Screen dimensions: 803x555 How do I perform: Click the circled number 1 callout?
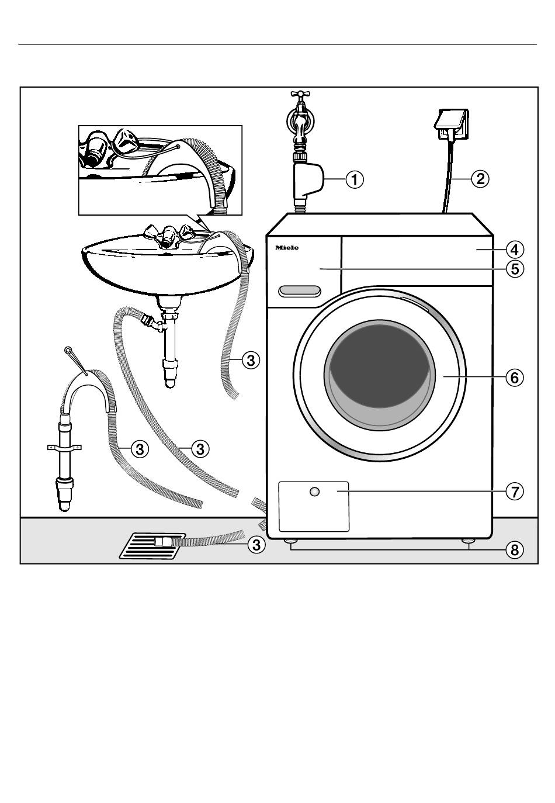[354, 179]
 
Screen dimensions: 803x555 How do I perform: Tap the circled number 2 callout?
[480, 179]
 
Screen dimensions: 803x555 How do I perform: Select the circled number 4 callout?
[514, 250]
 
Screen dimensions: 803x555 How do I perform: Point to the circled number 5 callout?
[514, 269]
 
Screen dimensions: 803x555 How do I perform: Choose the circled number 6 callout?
[514, 378]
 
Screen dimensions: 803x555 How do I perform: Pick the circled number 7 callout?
[514, 492]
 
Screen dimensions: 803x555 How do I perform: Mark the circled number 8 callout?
[514, 549]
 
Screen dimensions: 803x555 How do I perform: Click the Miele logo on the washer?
[287, 248]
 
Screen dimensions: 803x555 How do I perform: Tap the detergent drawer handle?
[299, 290]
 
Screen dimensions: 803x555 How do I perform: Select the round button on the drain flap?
[315, 492]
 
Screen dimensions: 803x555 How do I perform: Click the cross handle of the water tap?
[300, 93]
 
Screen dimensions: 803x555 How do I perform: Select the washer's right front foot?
[469, 543]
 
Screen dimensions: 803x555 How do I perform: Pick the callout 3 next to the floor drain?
[255, 545]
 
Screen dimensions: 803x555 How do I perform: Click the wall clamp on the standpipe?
[64, 448]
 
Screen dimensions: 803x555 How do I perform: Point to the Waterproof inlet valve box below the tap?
[307, 179]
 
